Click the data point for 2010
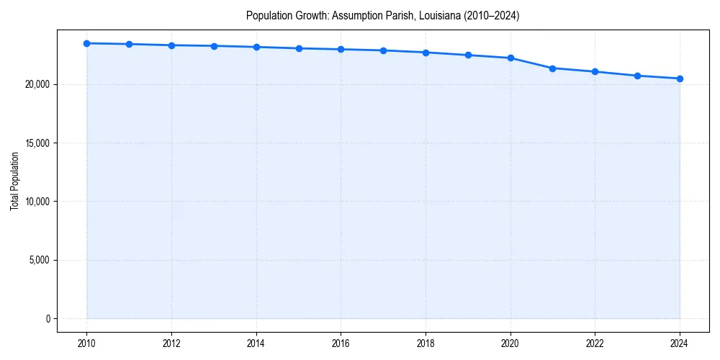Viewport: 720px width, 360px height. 87,43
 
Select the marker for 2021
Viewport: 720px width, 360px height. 552,68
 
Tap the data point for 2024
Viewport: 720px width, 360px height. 680,78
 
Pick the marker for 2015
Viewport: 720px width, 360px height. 299,48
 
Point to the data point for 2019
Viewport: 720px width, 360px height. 468,55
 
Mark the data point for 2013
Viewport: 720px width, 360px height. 214,46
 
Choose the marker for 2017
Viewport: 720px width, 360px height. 383,50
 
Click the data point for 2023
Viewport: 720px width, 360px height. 637,76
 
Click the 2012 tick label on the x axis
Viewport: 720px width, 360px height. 171,343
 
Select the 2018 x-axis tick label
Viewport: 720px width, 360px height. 426,343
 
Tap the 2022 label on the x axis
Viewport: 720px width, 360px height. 595,343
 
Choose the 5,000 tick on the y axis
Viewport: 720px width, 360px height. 40,260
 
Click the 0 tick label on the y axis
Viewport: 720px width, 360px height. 48,318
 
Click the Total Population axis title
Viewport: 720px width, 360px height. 14,181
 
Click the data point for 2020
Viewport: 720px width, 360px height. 510,58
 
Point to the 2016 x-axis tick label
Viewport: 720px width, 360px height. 341,343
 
